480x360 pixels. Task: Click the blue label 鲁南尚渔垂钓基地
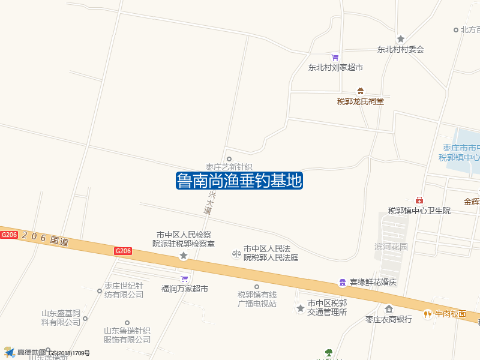coord(239,181)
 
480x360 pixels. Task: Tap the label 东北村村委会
coord(400,50)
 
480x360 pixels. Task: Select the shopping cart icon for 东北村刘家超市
coord(335,57)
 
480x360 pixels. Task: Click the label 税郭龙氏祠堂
coord(360,101)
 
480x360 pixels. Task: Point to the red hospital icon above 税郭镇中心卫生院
coord(419,200)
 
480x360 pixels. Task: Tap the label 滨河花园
coord(391,247)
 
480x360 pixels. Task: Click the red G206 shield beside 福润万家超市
coord(123,251)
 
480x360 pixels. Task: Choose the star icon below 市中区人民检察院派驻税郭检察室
coord(184,256)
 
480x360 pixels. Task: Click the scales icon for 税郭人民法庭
coord(236,254)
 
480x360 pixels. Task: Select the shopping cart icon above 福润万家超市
coord(184,278)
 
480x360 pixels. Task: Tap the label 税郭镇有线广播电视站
coord(257,299)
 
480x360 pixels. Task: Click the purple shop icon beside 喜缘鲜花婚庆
coord(342,282)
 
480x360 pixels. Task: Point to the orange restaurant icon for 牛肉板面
coord(428,314)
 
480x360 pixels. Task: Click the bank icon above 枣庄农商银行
coord(389,309)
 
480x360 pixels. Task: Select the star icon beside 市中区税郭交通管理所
coord(300,308)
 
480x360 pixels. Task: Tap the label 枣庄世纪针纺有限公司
coord(124,290)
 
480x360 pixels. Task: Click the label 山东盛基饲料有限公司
coord(61,317)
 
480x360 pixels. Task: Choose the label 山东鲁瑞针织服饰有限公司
coord(127,335)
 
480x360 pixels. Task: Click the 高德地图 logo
coord(24,352)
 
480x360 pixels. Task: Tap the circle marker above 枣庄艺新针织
coord(229,159)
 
